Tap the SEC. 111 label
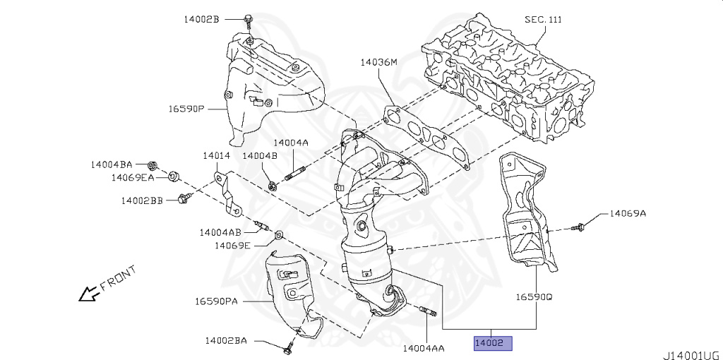[543, 19]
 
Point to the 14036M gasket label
[378, 62]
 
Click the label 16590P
[186, 109]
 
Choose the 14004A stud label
[291, 142]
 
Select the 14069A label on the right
[628, 212]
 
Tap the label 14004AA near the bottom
[423, 348]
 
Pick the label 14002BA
[226, 340]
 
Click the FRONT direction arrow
[88, 292]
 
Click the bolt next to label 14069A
[580, 227]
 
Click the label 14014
[216, 155]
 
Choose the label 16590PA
[219, 301]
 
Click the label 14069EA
[132, 177]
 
